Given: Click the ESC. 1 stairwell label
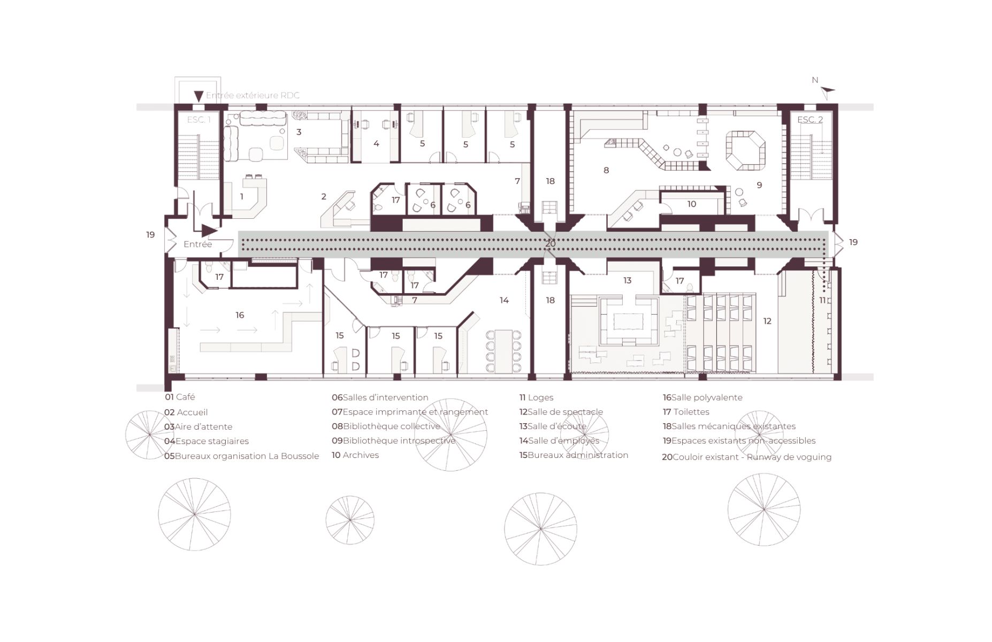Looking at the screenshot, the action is pos(199,119).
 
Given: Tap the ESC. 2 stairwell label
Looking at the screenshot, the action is pos(810,119).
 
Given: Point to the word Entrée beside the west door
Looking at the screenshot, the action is pos(197,244).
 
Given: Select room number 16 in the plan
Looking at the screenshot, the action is pos(240,315).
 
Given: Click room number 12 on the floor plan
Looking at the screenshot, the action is pos(767,321).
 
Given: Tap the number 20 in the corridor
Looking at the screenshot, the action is pos(551,243).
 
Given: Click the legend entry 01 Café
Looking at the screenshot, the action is pos(180,397).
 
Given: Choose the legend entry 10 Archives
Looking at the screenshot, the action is pos(355,455).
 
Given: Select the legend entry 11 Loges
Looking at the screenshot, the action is pos(536,398).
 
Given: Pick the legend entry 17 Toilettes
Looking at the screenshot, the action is pos(686,411).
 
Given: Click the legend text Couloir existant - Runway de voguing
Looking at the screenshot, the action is pos(752,457).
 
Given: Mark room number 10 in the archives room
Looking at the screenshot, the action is pos(692,204).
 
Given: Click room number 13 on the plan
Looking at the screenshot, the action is pos(627,280).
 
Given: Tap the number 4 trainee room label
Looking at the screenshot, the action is pos(376,143).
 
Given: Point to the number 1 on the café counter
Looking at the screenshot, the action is pos(242,196).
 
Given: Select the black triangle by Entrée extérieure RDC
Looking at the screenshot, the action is pos(199,96).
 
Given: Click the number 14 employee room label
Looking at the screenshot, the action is pos(504,300).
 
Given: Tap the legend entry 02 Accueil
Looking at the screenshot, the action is pos(186,412).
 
